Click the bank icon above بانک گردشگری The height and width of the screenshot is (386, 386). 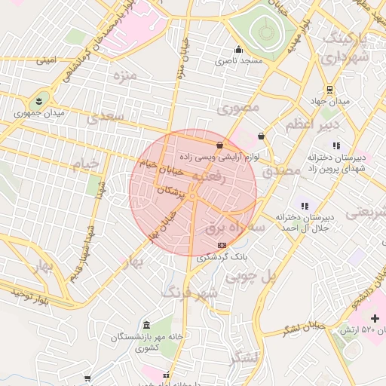(x=221, y=245)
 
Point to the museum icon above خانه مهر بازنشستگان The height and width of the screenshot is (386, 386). (x=146, y=324)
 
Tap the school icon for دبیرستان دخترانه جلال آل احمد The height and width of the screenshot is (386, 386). (x=305, y=205)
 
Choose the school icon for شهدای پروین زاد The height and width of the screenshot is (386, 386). (x=336, y=146)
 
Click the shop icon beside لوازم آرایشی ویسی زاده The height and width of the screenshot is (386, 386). (x=219, y=145)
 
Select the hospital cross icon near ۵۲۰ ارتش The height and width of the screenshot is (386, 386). (x=375, y=319)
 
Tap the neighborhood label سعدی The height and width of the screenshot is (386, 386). (x=103, y=117)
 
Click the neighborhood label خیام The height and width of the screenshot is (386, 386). (x=84, y=164)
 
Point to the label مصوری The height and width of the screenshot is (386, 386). (x=237, y=108)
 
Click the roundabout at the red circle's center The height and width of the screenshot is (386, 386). (x=193, y=197)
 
